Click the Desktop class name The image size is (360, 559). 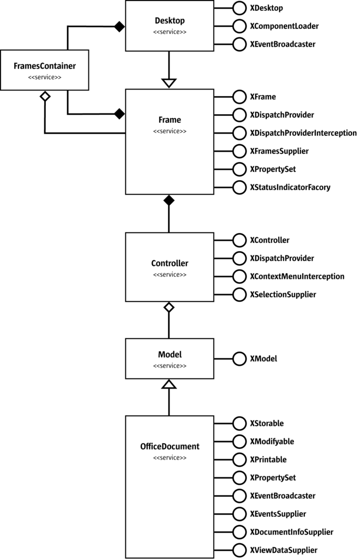(x=170, y=21)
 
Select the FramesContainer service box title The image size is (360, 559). (x=44, y=66)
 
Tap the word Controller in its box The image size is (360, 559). (x=170, y=263)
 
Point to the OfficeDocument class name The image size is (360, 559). (x=170, y=446)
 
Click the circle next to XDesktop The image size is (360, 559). (x=239, y=8)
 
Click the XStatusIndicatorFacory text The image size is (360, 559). (x=290, y=187)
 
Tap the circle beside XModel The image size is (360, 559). (x=239, y=359)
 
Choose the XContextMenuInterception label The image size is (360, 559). (x=297, y=276)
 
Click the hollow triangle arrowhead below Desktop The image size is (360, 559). (x=170, y=82)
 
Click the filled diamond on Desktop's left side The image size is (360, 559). (x=118, y=26)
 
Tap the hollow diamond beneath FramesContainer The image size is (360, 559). (x=45, y=97)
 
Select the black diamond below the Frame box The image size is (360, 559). (x=169, y=200)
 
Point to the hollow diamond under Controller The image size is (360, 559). (x=169, y=308)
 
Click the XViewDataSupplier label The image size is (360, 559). (x=284, y=550)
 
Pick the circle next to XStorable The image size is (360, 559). (x=239, y=423)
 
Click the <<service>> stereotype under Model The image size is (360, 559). (x=170, y=365)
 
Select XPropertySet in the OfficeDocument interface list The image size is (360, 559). (x=273, y=478)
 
